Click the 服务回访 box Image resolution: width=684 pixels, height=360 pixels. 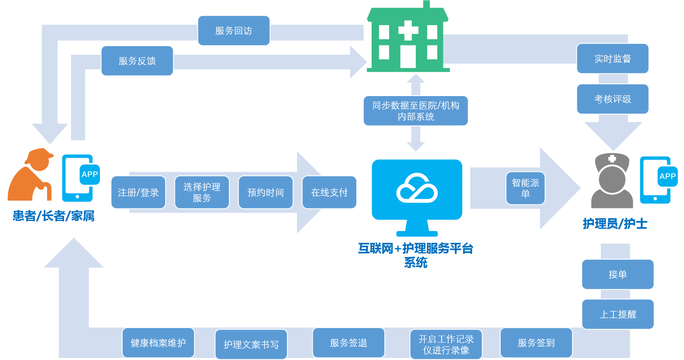234,31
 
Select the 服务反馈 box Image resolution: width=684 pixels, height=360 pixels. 137,61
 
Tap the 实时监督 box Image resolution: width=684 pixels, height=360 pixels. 613,59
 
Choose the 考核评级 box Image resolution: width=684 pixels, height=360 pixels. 613,99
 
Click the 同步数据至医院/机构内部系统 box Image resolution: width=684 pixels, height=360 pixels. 415,111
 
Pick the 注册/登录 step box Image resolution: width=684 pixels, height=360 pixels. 138,192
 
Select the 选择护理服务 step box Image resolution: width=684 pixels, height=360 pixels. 202,192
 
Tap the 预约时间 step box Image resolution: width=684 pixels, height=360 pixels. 265,192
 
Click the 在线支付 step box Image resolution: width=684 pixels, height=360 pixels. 329,192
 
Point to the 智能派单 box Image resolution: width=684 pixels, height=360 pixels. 525,188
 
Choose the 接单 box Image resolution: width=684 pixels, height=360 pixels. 617,274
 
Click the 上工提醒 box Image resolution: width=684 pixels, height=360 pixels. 617,314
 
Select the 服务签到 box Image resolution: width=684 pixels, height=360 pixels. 536,343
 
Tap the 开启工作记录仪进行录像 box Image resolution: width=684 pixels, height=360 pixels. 446,344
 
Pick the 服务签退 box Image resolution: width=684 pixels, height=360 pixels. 348,343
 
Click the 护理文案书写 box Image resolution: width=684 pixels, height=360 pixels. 251,344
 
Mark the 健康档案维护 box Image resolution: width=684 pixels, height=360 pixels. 158,343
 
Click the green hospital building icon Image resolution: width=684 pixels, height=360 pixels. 408,41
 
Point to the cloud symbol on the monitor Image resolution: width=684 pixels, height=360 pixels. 417,189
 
